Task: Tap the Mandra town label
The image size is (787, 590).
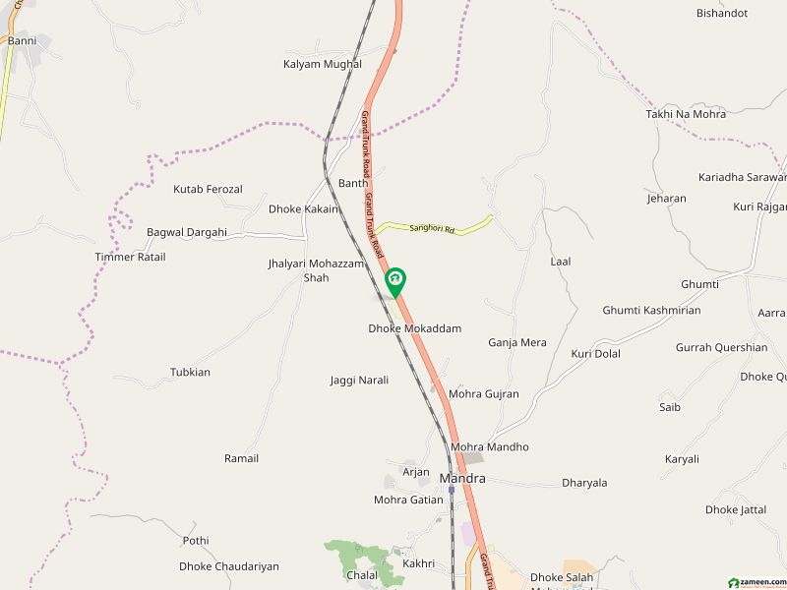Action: pos(462,479)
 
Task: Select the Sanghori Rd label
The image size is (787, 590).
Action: pos(433,229)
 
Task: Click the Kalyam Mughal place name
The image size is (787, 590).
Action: pos(323,64)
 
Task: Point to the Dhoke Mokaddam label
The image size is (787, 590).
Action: pos(415,328)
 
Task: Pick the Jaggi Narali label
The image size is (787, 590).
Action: pos(359,380)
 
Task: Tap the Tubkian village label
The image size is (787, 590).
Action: pos(190,373)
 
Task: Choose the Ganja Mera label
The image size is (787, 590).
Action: pos(517,343)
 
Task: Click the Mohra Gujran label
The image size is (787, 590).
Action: pos(484,394)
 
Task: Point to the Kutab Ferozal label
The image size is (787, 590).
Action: pos(208,189)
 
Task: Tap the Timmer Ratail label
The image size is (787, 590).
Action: pos(130,257)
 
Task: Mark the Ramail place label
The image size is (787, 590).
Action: pos(241,458)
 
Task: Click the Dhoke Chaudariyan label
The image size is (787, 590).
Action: pos(229,566)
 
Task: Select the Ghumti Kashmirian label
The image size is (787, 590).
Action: pos(652,310)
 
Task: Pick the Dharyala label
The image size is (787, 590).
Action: pos(584,483)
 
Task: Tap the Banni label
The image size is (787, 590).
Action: pos(22,41)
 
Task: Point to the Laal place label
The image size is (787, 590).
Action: pos(561,262)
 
